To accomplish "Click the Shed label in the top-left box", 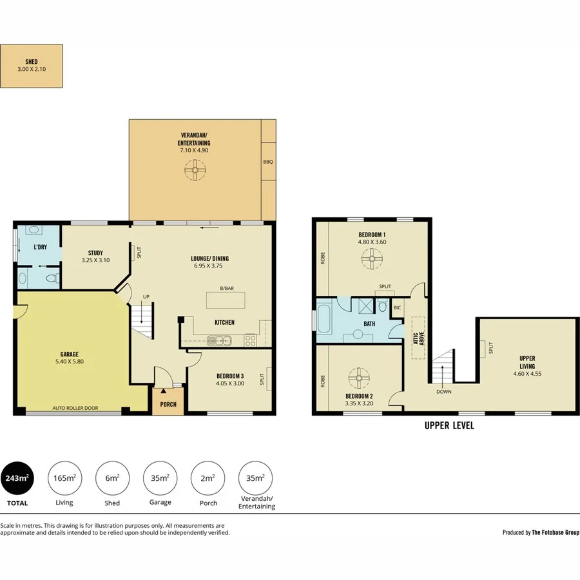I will point(31,62).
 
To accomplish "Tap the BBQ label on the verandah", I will point(268,162).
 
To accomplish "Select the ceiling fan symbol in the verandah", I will point(194,171).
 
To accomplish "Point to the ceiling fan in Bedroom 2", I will point(358,376).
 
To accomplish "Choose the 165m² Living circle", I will point(64,478).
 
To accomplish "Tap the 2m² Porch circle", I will point(208,478).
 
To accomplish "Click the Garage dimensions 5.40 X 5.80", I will point(70,362).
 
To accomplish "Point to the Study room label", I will point(95,253).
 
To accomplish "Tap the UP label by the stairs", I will point(146,296).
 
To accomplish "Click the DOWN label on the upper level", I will point(443,391).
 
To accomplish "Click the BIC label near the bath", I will point(397,308).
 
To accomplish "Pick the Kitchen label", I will point(224,322).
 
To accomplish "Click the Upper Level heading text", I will point(449,425).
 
